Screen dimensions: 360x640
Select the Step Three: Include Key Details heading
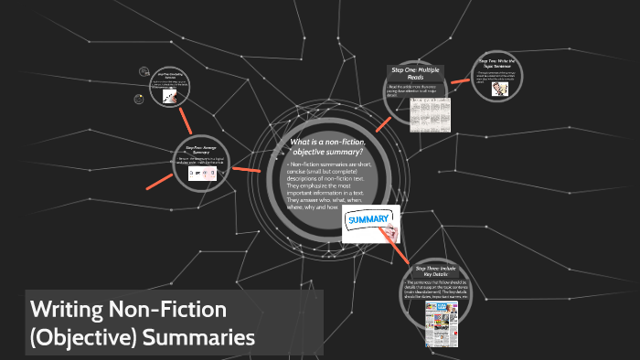(433, 270)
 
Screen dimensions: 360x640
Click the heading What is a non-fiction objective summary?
(329, 146)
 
